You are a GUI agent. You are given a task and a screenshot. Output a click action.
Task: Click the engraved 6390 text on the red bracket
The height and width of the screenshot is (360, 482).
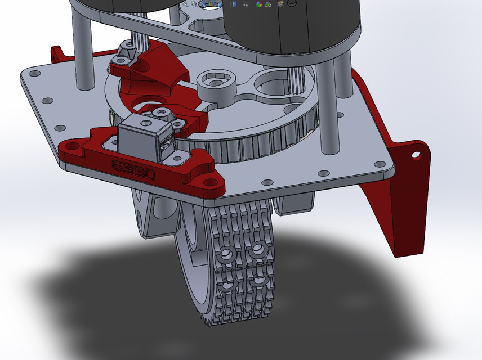[x=133, y=169]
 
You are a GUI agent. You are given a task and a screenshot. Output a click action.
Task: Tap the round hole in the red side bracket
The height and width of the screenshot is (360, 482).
[x=416, y=153]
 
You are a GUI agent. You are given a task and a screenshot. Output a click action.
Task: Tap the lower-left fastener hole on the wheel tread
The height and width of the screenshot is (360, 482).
[x=228, y=285]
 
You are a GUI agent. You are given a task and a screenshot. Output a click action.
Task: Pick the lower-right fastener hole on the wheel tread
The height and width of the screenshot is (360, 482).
[x=260, y=279]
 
